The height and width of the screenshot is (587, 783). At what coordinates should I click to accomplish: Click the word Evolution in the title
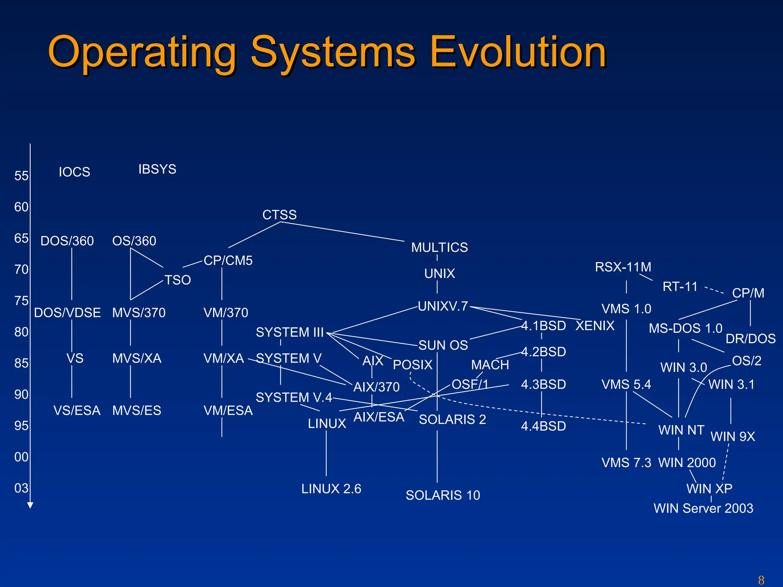(518, 52)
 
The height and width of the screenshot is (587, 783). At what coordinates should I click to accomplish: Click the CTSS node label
(279, 215)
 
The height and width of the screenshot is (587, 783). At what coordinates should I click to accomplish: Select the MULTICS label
(439, 248)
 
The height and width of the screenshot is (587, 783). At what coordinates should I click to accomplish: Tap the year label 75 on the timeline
(21, 301)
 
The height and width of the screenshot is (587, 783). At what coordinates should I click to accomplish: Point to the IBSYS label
(157, 169)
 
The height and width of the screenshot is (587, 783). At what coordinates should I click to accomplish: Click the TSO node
(177, 280)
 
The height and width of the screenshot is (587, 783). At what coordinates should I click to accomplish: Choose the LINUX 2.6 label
(331, 489)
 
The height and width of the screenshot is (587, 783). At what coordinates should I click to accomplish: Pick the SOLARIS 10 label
(443, 495)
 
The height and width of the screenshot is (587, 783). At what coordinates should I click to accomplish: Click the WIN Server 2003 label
(703, 508)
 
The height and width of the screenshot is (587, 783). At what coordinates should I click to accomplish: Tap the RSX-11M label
(623, 267)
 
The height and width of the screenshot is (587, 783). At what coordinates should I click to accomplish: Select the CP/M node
(748, 293)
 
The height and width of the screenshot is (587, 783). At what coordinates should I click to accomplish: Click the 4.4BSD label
(543, 426)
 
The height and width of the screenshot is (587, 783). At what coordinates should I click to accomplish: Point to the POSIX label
(413, 365)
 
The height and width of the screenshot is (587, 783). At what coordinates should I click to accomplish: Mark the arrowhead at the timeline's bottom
(30, 505)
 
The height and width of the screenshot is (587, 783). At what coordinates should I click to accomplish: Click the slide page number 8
(761, 580)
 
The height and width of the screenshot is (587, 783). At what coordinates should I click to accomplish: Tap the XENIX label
(595, 326)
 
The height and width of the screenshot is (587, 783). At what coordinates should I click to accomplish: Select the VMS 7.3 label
(626, 463)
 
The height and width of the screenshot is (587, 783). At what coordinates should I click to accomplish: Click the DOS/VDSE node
(67, 313)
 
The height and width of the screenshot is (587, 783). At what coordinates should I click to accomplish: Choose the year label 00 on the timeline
(21, 457)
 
